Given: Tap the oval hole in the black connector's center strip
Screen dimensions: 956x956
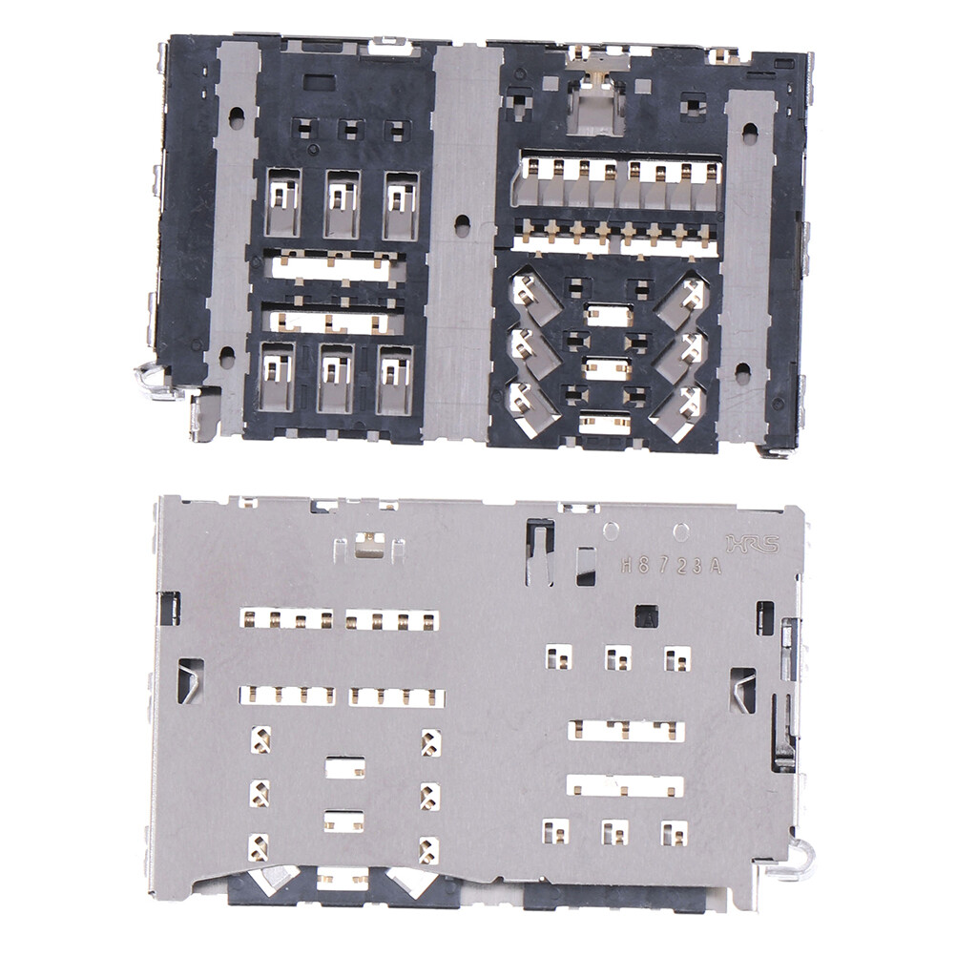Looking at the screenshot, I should (463, 226).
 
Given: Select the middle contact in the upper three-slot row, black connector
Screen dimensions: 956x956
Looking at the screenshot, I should (342, 203).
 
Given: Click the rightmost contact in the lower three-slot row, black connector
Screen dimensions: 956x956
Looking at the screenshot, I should (394, 378).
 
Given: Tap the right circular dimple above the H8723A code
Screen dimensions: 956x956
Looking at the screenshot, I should (680, 530).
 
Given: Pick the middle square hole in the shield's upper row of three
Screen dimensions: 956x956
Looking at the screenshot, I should (616, 657).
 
